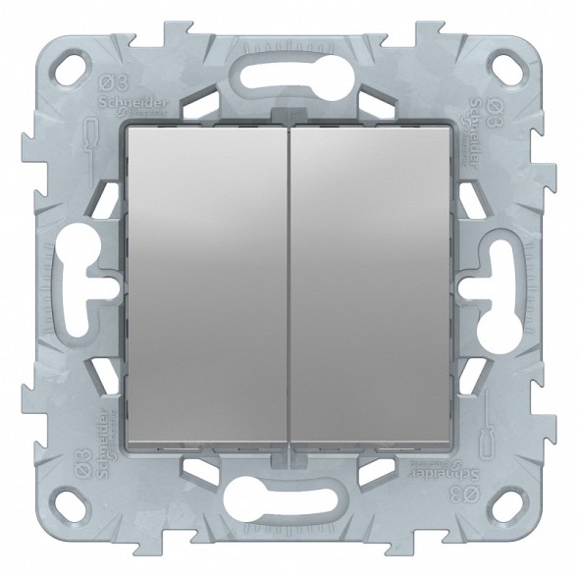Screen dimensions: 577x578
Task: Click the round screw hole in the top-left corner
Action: pyautogui.click(x=72, y=70)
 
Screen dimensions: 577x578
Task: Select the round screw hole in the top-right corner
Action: pyautogui.click(x=507, y=70)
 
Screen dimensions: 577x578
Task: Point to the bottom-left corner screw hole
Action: pyautogui.click(x=72, y=506)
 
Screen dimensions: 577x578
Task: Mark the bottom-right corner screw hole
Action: pyautogui.click(x=507, y=506)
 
